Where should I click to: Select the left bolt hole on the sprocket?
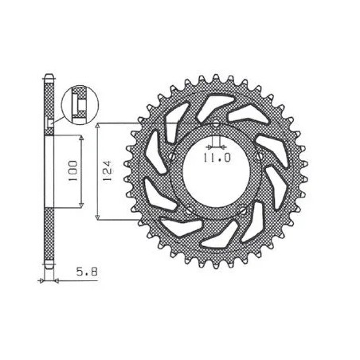point(172,156)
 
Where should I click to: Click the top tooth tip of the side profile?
point(49,77)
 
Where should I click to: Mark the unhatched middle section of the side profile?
point(49,171)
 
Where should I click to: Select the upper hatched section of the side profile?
point(49,104)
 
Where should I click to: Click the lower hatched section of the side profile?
point(49,239)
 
